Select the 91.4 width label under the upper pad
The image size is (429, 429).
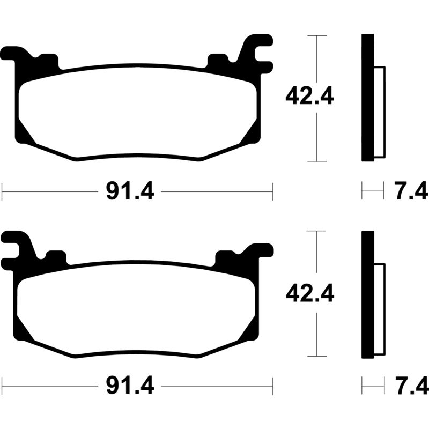[x=130, y=191]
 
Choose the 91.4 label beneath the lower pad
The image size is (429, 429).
[x=130, y=385]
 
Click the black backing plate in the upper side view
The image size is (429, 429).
[x=367, y=97]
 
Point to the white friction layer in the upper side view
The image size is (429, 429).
[x=379, y=112]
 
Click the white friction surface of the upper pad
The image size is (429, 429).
[x=134, y=113]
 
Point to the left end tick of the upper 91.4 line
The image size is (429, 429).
[x=3, y=191]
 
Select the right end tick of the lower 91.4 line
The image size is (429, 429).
[x=272, y=385]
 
